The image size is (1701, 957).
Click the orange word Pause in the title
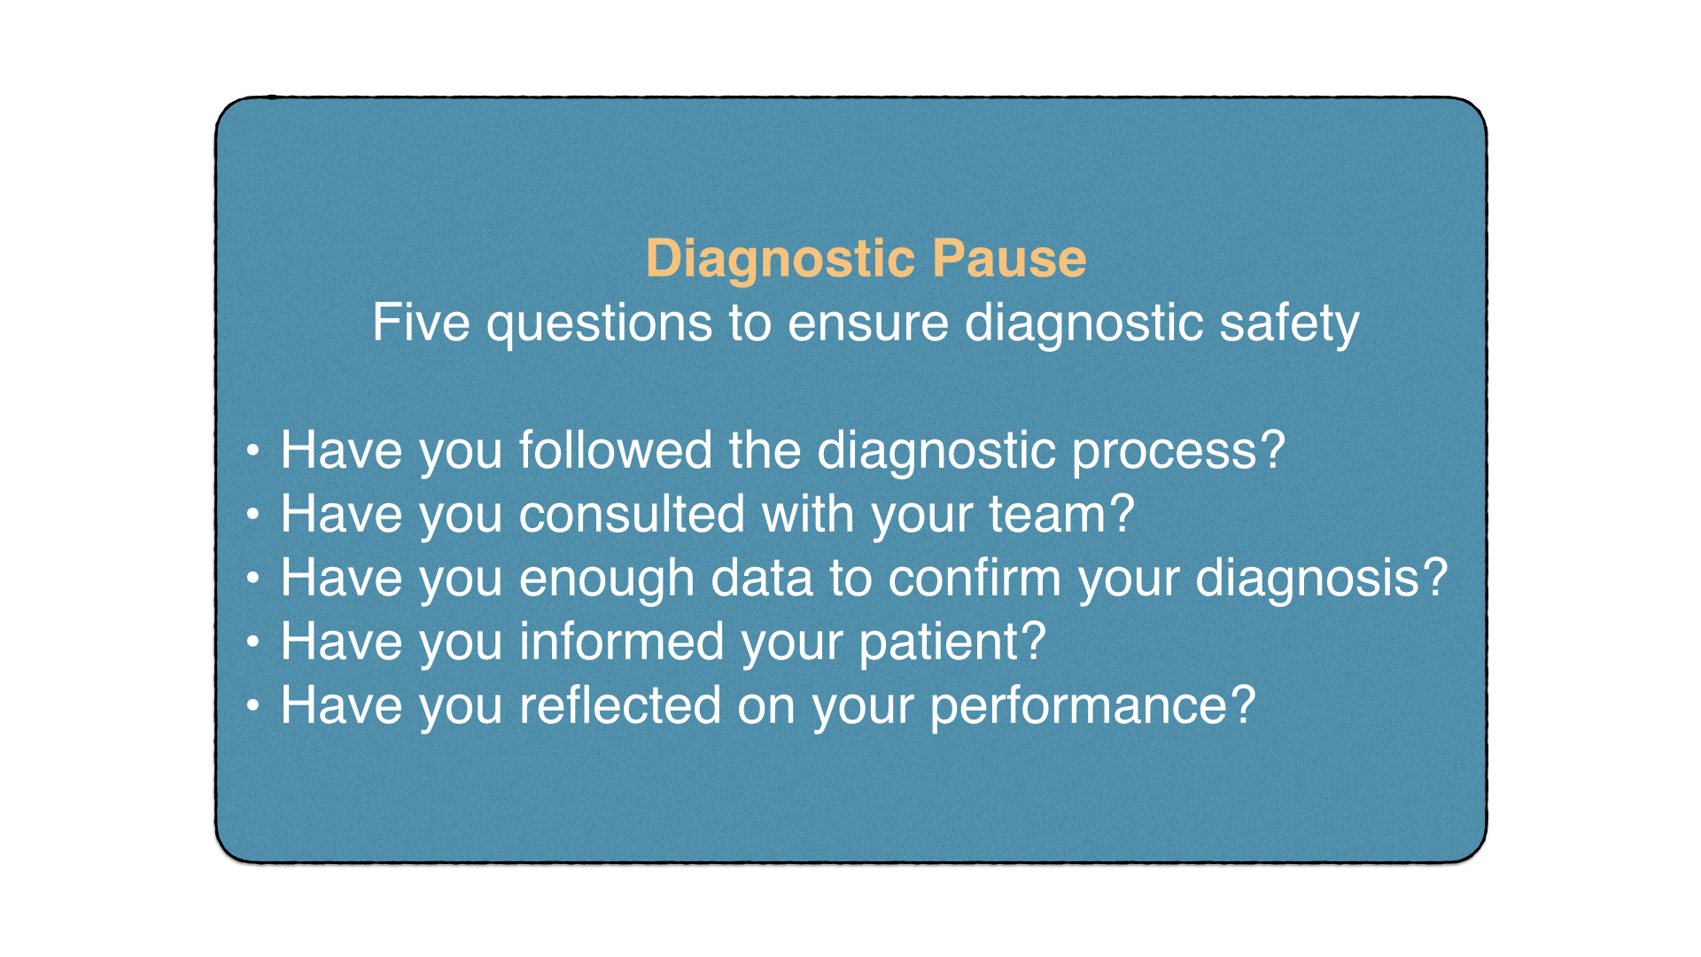1009,259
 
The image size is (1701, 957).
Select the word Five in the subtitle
421,323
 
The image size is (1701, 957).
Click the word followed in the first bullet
615,450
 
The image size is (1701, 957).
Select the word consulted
632,514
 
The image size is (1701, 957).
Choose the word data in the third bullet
762,578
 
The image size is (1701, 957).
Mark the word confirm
975,578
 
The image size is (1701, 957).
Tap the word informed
622,642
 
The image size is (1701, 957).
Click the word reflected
620,705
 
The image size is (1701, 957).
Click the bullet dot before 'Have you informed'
253,642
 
